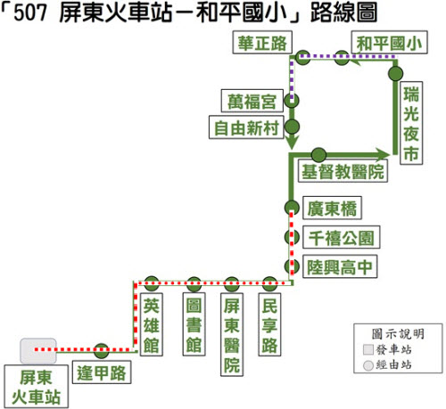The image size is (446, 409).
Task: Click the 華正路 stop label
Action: point(262,42)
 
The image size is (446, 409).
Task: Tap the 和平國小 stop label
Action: point(389,42)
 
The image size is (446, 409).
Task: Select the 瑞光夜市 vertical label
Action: point(411,123)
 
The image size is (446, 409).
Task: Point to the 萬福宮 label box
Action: point(252,101)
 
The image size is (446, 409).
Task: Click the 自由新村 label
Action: point(246,127)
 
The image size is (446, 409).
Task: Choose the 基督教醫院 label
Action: point(343,171)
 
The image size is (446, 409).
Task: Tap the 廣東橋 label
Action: point(332,208)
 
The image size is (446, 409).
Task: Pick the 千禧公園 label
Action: point(342,237)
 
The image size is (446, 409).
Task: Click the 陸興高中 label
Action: point(340,266)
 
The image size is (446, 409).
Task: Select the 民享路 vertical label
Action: point(269,324)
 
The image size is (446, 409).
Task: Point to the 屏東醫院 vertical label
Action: point(232,335)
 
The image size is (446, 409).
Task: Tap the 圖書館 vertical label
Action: point(194,324)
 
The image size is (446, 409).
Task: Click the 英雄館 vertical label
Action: point(152,324)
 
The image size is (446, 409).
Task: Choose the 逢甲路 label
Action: point(102,372)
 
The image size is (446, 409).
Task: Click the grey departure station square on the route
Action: point(38,350)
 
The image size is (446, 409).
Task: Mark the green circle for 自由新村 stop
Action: point(292,127)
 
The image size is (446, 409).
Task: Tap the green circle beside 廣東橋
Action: point(292,208)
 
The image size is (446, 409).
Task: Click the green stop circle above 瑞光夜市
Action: point(395,73)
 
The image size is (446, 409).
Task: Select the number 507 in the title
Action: point(30,13)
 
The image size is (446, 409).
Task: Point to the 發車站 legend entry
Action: point(388,349)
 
